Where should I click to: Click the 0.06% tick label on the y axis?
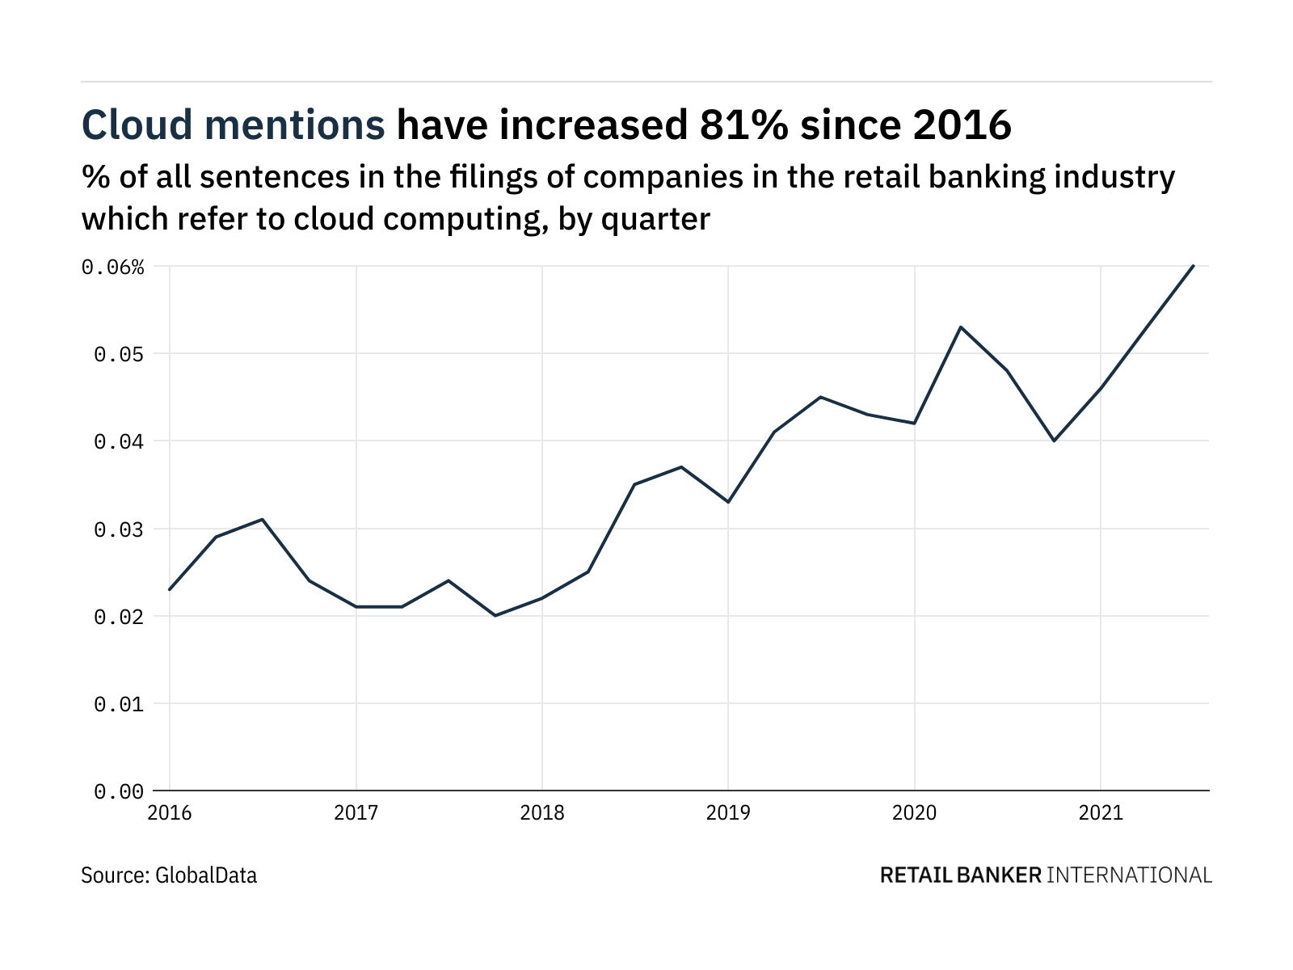point(112,267)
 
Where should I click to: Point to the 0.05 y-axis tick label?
point(119,354)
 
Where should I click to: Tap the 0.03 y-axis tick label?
point(119,529)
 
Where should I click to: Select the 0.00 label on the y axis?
point(119,792)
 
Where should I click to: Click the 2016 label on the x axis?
point(170,812)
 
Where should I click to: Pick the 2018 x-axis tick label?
point(542,812)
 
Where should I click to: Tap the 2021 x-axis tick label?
point(1101,812)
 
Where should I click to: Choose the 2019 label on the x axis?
point(728,812)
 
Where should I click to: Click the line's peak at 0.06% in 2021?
point(1194,265)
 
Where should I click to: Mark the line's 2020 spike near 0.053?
point(961,327)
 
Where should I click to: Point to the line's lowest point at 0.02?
point(495,616)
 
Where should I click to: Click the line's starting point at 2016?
point(170,589)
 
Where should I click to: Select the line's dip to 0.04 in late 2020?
point(1054,441)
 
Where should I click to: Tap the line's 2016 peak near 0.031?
point(263,519)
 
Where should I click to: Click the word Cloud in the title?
point(137,125)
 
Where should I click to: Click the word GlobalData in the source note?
point(206,875)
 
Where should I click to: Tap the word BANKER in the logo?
point(999,875)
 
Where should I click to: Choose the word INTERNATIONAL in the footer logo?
point(1130,875)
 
